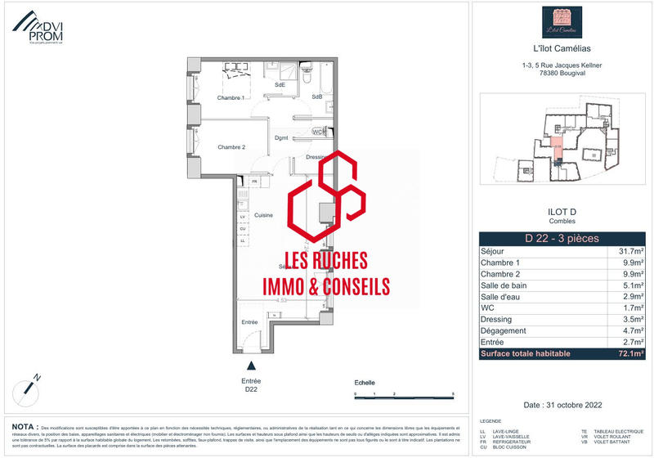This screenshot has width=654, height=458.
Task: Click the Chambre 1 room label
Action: pos(231,98)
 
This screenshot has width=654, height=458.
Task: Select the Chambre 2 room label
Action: pos(231,147)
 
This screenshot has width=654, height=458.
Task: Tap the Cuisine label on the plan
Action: pos(262,215)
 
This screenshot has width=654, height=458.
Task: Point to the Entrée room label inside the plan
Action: pos(249,322)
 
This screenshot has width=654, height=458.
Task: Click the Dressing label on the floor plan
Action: pos(316,157)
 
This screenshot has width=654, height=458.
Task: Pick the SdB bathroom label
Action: pos(316,97)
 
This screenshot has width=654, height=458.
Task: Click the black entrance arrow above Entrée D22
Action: pos(252,368)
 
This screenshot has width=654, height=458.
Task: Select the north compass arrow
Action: pos(32,382)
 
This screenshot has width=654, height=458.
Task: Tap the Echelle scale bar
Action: pos(405,394)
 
